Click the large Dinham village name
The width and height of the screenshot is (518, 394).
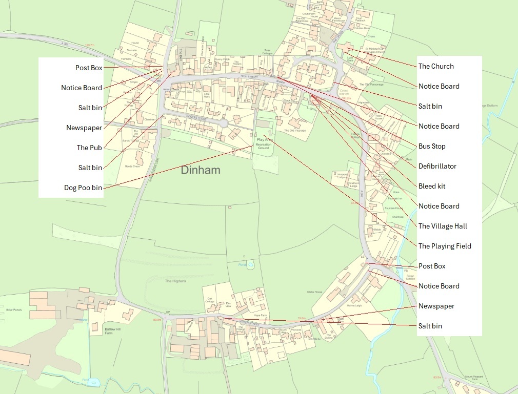(x=200, y=170)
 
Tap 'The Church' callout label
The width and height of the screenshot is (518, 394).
(x=436, y=66)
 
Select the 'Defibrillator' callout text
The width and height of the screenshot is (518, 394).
(x=437, y=166)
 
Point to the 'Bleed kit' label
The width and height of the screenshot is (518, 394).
(x=432, y=186)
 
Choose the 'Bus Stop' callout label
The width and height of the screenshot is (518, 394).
(x=432, y=146)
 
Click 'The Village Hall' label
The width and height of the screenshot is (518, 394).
(x=443, y=226)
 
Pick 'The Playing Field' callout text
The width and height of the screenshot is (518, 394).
(x=445, y=246)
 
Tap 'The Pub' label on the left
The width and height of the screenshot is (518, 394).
(x=89, y=148)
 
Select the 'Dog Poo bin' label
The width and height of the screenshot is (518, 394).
(x=83, y=188)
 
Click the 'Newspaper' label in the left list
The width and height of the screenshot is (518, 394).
(x=84, y=128)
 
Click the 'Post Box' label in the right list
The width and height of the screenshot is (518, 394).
(x=432, y=266)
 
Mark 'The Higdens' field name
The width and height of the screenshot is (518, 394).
(x=175, y=281)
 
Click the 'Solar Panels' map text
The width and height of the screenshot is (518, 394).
(x=13, y=310)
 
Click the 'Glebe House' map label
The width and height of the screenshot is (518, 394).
(x=314, y=292)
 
